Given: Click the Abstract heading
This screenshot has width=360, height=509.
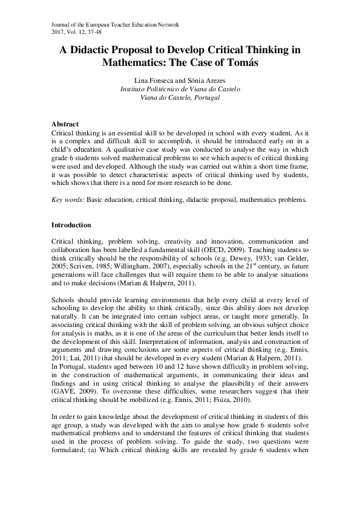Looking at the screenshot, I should coord(65,123).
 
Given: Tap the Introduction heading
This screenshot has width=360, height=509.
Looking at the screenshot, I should coord(71,225).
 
